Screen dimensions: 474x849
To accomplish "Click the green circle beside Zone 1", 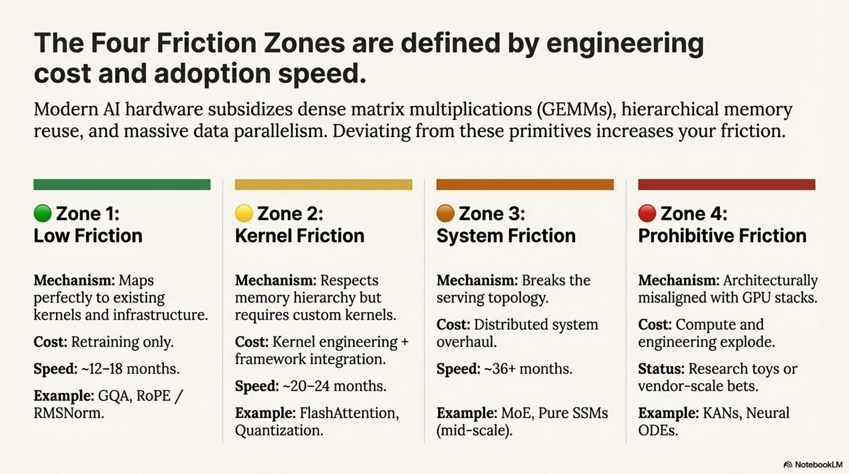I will pyautogui.click(x=43, y=214).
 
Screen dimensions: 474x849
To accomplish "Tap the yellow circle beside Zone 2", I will pyautogui.click(x=244, y=214).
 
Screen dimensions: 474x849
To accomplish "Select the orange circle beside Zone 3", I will pyautogui.click(x=445, y=214).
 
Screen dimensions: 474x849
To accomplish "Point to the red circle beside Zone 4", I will pyautogui.click(x=647, y=214).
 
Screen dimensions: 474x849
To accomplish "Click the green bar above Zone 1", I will pyautogui.click(x=122, y=184).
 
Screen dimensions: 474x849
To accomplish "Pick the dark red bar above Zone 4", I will pyautogui.click(x=727, y=184).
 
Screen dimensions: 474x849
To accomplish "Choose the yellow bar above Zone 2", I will pyautogui.click(x=323, y=184).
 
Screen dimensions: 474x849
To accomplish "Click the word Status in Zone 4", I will pyautogui.click(x=661, y=368).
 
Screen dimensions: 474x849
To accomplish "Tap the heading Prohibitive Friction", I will pyautogui.click(x=722, y=236).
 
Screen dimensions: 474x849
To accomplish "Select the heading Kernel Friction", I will pyautogui.click(x=300, y=236).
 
